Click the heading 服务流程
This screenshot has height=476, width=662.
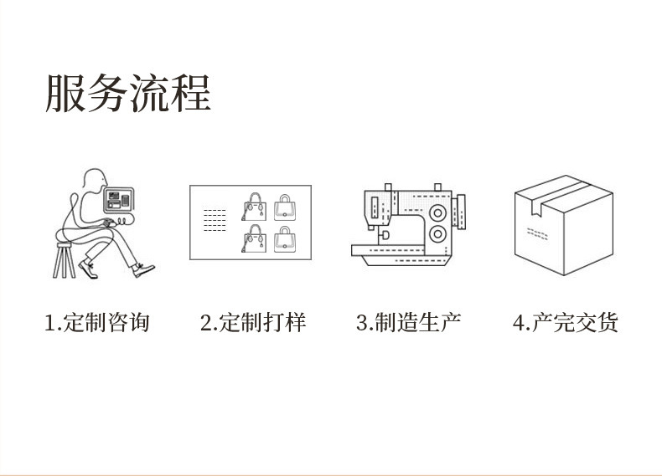coord(128,93)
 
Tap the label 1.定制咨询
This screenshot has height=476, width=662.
coord(97,322)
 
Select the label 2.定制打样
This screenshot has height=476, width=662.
coord(253,322)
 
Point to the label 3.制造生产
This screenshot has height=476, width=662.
coord(408,322)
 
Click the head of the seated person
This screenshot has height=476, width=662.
coord(95,181)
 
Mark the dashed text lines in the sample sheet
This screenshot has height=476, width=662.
coord(215,220)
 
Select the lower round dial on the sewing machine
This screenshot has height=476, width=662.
coord(437,233)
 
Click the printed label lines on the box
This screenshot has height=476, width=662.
coord(537,232)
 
